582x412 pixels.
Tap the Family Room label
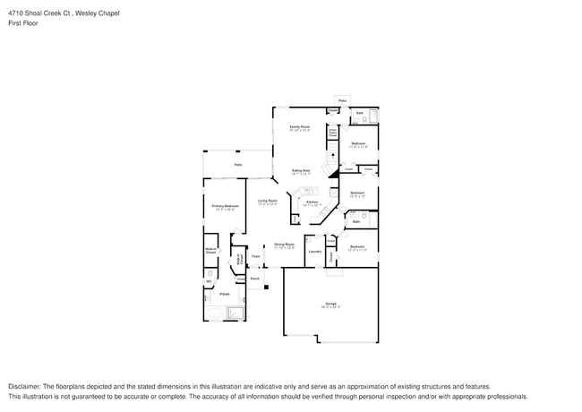(x=299, y=127)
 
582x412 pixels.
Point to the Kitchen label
(x=312, y=202)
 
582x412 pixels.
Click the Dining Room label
(x=285, y=245)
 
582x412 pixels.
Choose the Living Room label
(x=268, y=202)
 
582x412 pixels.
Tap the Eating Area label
(x=301, y=171)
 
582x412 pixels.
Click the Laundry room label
(x=315, y=252)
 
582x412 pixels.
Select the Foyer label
(x=255, y=256)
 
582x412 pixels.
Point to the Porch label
(x=255, y=279)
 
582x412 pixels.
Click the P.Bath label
(x=225, y=294)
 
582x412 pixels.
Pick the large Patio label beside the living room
(x=238, y=165)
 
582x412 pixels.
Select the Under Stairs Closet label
(x=332, y=133)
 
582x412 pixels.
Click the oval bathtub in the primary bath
(x=215, y=313)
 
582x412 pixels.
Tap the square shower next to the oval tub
(x=236, y=313)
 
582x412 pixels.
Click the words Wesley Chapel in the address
(x=97, y=13)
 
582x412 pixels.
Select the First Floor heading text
(x=24, y=23)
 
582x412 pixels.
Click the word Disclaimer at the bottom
(x=26, y=386)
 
